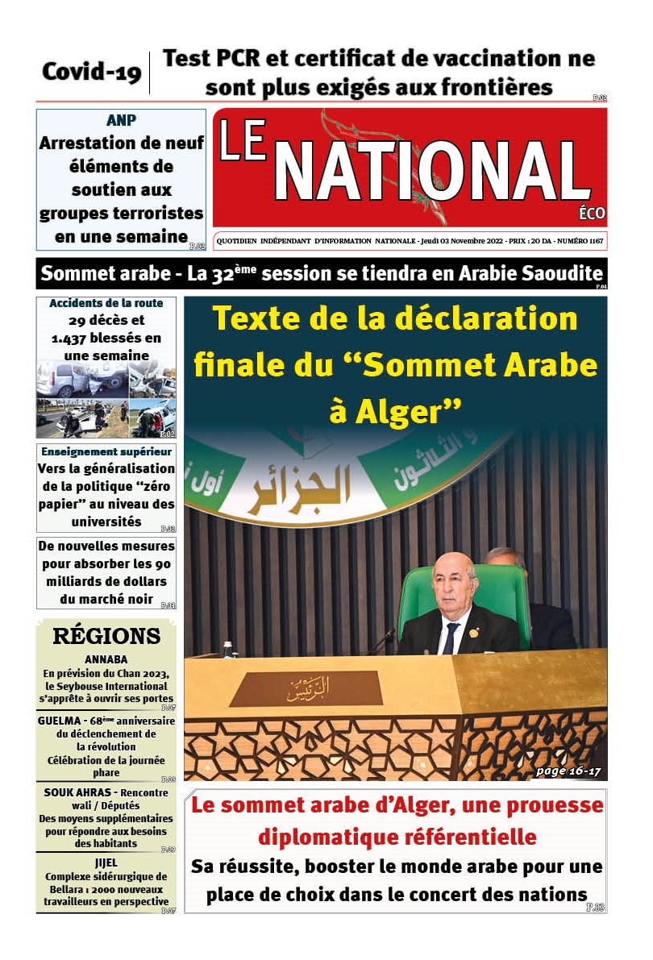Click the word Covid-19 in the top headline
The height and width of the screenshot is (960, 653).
pyautogui.click(x=91, y=72)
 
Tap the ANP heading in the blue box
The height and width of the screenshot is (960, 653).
pyautogui.click(x=121, y=120)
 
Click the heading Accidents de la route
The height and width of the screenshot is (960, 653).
pyautogui.click(x=106, y=304)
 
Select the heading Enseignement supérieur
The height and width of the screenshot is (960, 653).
pyautogui.click(x=106, y=451)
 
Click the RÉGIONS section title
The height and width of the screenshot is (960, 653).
pyautogui.click(x=106, y=635)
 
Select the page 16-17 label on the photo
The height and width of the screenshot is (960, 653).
pyautogui.click(x=568, y=771)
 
